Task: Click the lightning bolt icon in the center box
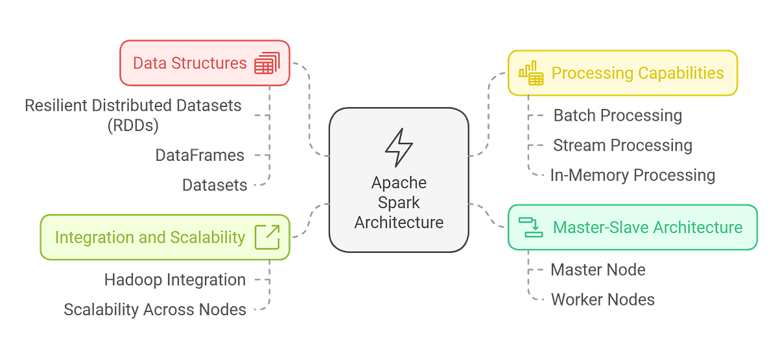point(399,148)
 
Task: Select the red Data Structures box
point(205,63)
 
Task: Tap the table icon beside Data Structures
point(266,64)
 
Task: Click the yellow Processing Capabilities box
point(622,73)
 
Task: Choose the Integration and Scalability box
point(165,237)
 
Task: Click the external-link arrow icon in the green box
point(267,237)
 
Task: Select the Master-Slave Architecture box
point(631,227)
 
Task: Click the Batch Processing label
point(617,116)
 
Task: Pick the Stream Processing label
point(622,145)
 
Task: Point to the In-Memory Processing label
point(632,174)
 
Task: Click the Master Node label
point(598,269)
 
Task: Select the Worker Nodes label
point(602,299)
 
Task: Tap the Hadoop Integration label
point(174,280)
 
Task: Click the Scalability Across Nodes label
point(154,309)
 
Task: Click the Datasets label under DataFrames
point(215,185)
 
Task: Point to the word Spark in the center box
point(399,202)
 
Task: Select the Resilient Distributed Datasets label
point(134,115)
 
